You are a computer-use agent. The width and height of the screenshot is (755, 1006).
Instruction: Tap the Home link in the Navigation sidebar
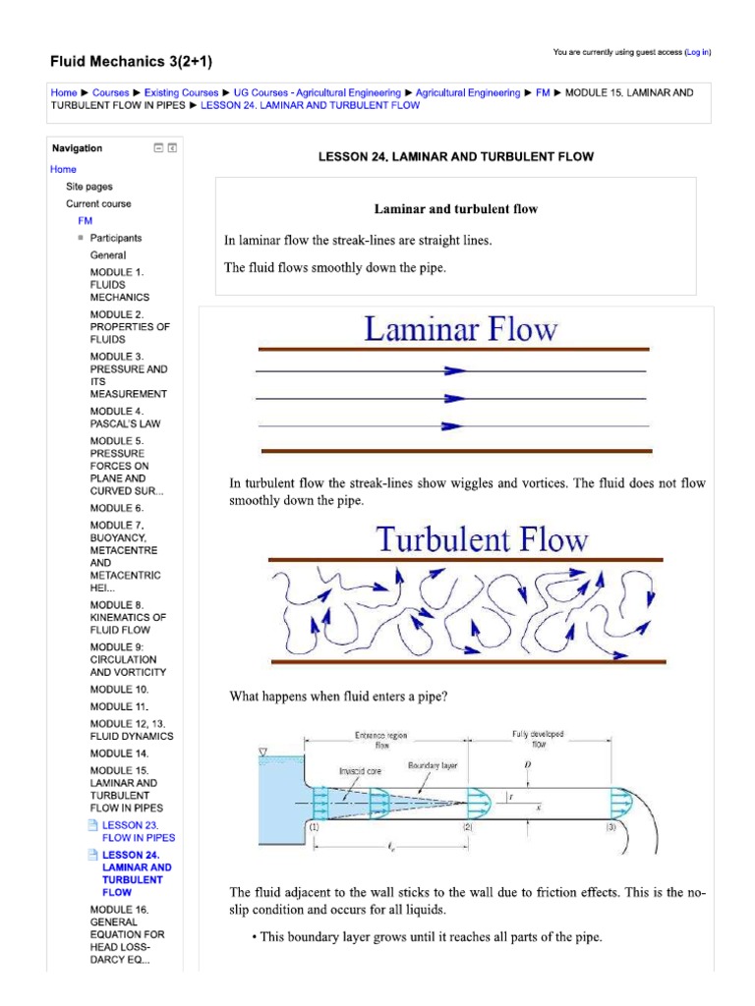coord(63,169)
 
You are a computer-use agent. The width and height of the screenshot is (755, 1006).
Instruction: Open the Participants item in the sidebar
coord(116,238)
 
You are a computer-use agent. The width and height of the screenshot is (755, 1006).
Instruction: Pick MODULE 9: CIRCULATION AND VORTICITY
coord(128,659)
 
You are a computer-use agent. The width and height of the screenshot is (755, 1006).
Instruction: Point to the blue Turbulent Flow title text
coord(482,539)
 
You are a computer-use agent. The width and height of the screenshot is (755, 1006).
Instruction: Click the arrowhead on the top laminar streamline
coord(453,370)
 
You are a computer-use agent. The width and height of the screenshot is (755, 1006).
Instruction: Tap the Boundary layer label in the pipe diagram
coord(433,764)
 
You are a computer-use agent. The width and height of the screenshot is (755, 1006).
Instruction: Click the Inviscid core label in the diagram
coord(361,771)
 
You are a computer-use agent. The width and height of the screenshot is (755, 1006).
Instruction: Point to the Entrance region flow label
coord(383,740)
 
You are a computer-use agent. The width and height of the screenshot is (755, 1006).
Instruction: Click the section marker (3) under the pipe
coord(611,827)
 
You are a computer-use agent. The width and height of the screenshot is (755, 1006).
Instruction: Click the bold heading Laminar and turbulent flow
coord(455,209)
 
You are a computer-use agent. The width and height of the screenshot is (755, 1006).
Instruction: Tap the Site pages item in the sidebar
coord(89,186)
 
